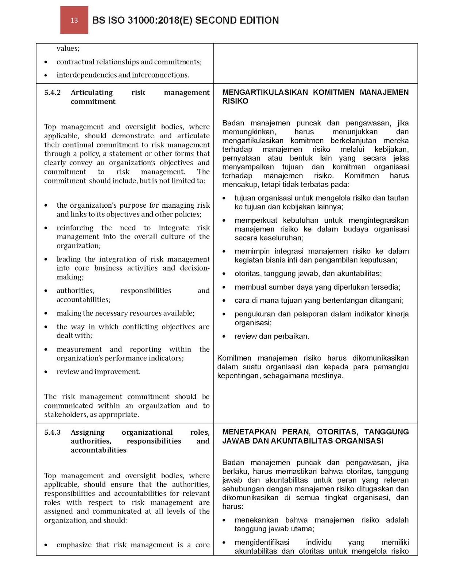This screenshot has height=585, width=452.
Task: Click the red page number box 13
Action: (74, 20)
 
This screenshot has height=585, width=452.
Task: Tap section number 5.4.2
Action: (52, 93)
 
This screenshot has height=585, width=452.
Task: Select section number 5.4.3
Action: (52, 432)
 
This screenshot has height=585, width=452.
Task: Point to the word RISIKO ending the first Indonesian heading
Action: (235, 101)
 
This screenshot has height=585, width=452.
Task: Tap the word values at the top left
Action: (68, 48)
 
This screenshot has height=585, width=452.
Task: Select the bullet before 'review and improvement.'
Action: (46, 372)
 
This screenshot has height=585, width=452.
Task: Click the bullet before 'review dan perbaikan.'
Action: (224, 337)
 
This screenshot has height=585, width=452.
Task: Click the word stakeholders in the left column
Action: (66, 415)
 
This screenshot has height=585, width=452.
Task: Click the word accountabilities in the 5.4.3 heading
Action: (98, 450)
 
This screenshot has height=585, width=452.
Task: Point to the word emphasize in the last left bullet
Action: (74, 545)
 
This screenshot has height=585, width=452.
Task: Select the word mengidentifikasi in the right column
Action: (262, 542)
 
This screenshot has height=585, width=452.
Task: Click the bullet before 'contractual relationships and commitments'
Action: (46, 62)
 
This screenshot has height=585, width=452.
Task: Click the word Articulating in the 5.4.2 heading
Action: (92, 93)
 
